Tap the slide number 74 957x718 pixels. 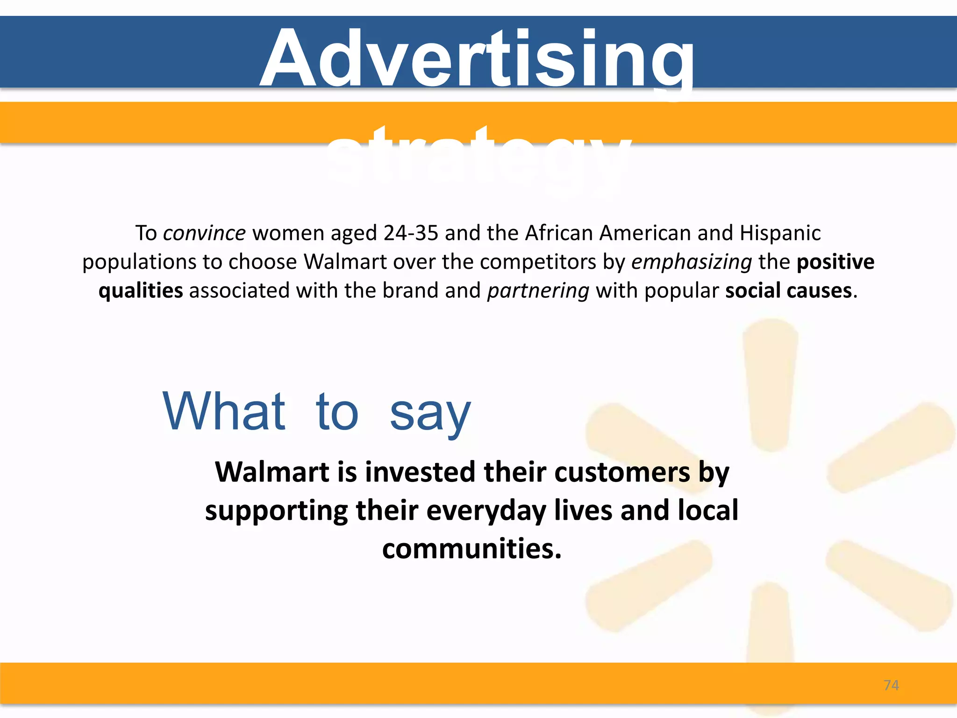891,685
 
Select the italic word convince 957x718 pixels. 204,233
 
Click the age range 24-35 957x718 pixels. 411,233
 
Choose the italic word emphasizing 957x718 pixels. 692,262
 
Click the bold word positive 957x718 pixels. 835,262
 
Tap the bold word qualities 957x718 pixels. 141,291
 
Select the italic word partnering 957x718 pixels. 538,291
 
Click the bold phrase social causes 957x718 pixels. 788,291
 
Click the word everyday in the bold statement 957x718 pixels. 486,510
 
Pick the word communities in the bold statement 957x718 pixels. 471,548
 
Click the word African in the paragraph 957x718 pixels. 558,233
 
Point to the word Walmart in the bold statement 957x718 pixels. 272,472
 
